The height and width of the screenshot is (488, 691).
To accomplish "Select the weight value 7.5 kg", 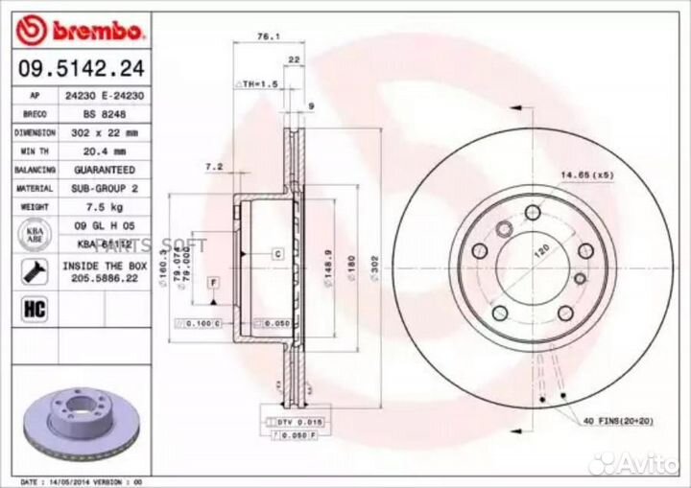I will pyautogui.click(x=106, y=206).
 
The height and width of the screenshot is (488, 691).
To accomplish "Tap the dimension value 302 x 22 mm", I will pyautogui.click(x=106, y=131).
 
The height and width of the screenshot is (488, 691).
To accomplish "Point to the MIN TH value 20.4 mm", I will pyautogui.click(x=106, y=151).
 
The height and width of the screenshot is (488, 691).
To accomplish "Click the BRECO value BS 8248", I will pyautogui.click(x=106, y=113).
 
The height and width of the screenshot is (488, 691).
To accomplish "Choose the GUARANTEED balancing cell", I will pyautogui.click(x=106, y=169).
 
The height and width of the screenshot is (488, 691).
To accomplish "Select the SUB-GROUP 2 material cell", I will pyautogui.click(x=106, y=188).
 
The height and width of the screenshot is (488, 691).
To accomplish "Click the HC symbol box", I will pyautogui.click(x=34, y=309).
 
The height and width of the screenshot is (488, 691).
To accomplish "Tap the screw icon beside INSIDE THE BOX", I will pyautogui.click(x=34, y=269).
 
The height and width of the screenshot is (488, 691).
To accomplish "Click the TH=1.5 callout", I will pyautogui.click(x=258, y=85).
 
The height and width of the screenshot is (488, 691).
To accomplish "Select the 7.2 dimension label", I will pyautogui.click(x=213, y=167).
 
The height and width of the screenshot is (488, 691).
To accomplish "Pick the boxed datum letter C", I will pyautogui.click(x=277, y=254).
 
